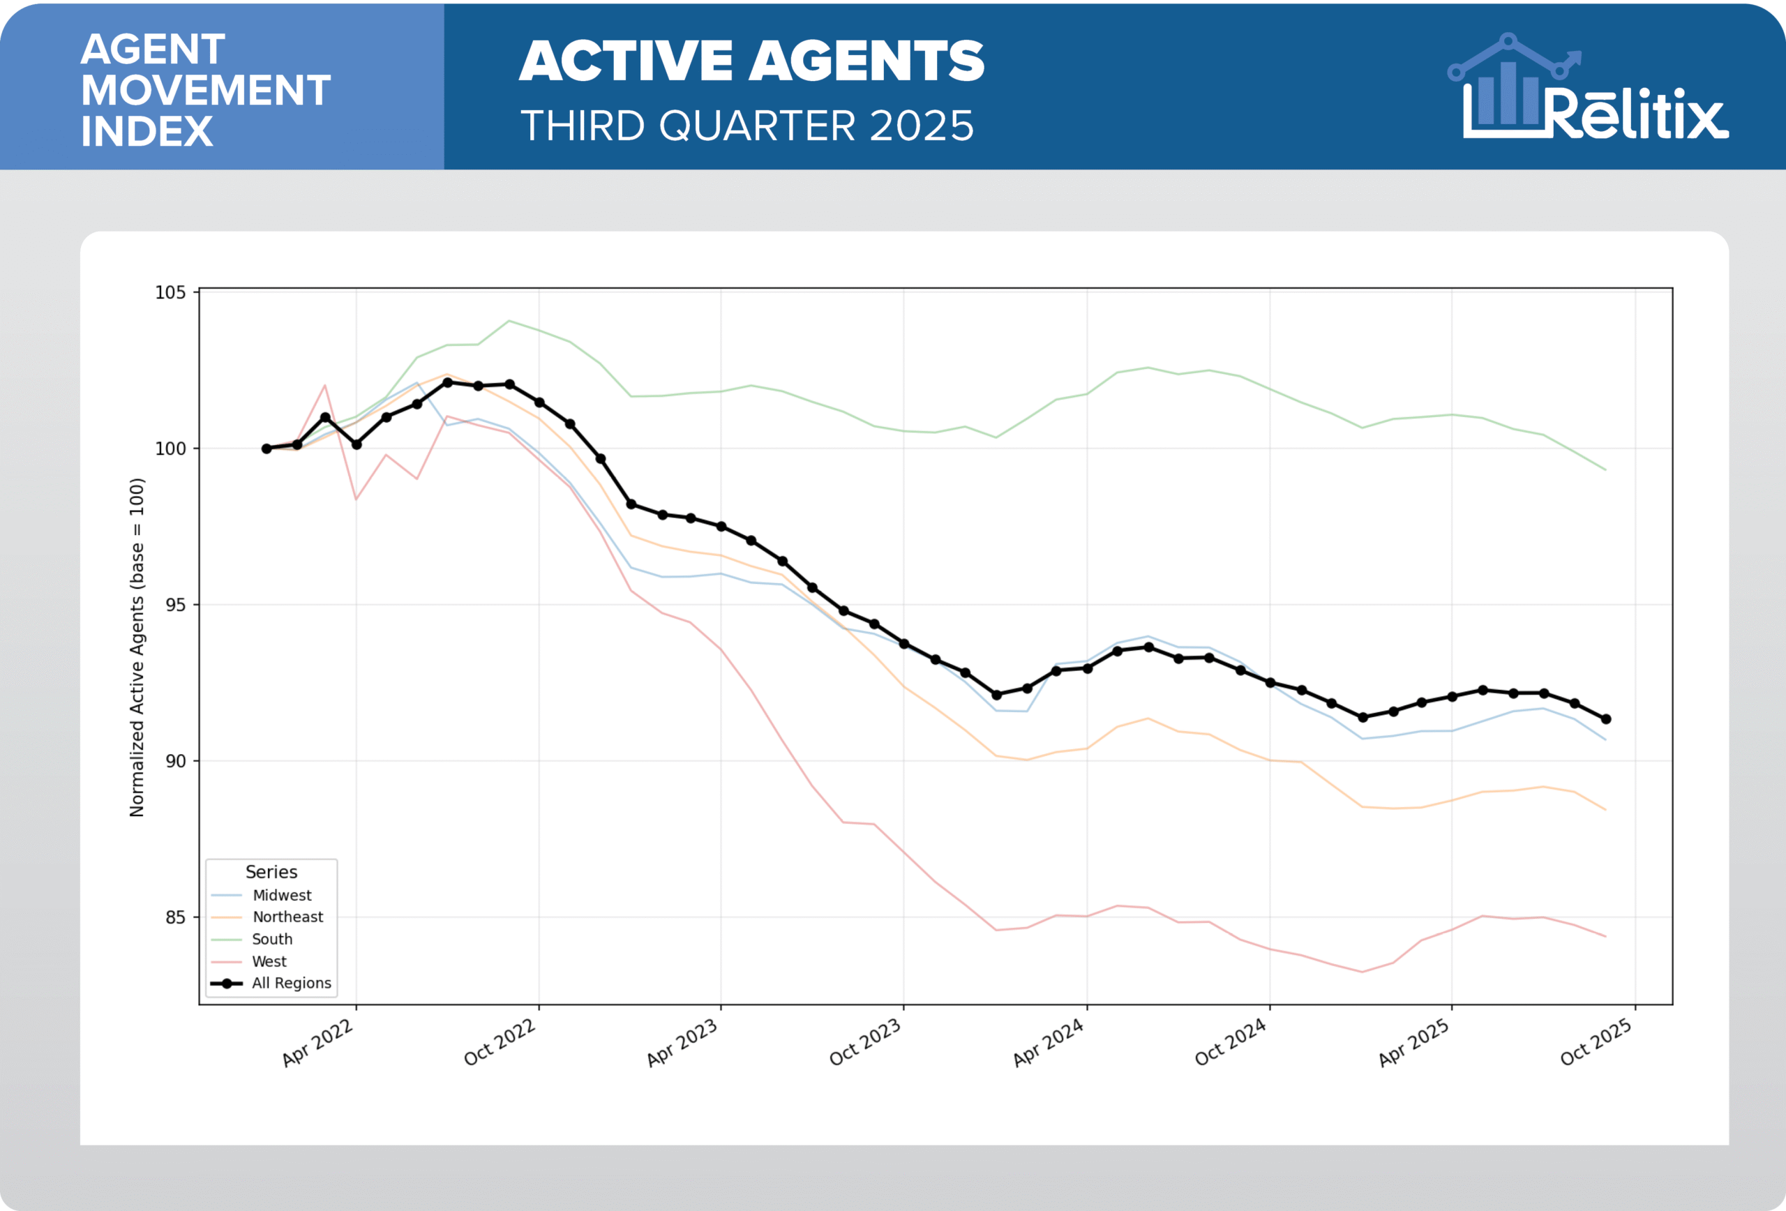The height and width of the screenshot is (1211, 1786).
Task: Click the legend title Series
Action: pos(271,872)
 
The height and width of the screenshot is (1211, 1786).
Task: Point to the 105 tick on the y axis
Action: pos(171,293)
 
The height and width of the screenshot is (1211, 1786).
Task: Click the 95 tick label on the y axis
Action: pos(175,605)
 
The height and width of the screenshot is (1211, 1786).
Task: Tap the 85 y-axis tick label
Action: pos(175,917)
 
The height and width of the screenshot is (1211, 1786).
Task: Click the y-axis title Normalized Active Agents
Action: pos(137,647)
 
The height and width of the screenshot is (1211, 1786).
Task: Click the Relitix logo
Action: pos(1588,89)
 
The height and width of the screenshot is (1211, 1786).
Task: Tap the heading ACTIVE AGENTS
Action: pos(751,61)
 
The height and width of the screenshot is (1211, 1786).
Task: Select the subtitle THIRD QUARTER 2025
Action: pos(747,126)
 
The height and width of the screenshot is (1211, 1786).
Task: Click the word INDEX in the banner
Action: pos(147,131)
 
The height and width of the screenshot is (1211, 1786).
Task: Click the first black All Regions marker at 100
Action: pos(267,449)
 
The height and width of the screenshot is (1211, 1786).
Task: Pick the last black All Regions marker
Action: pos(1605,719)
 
